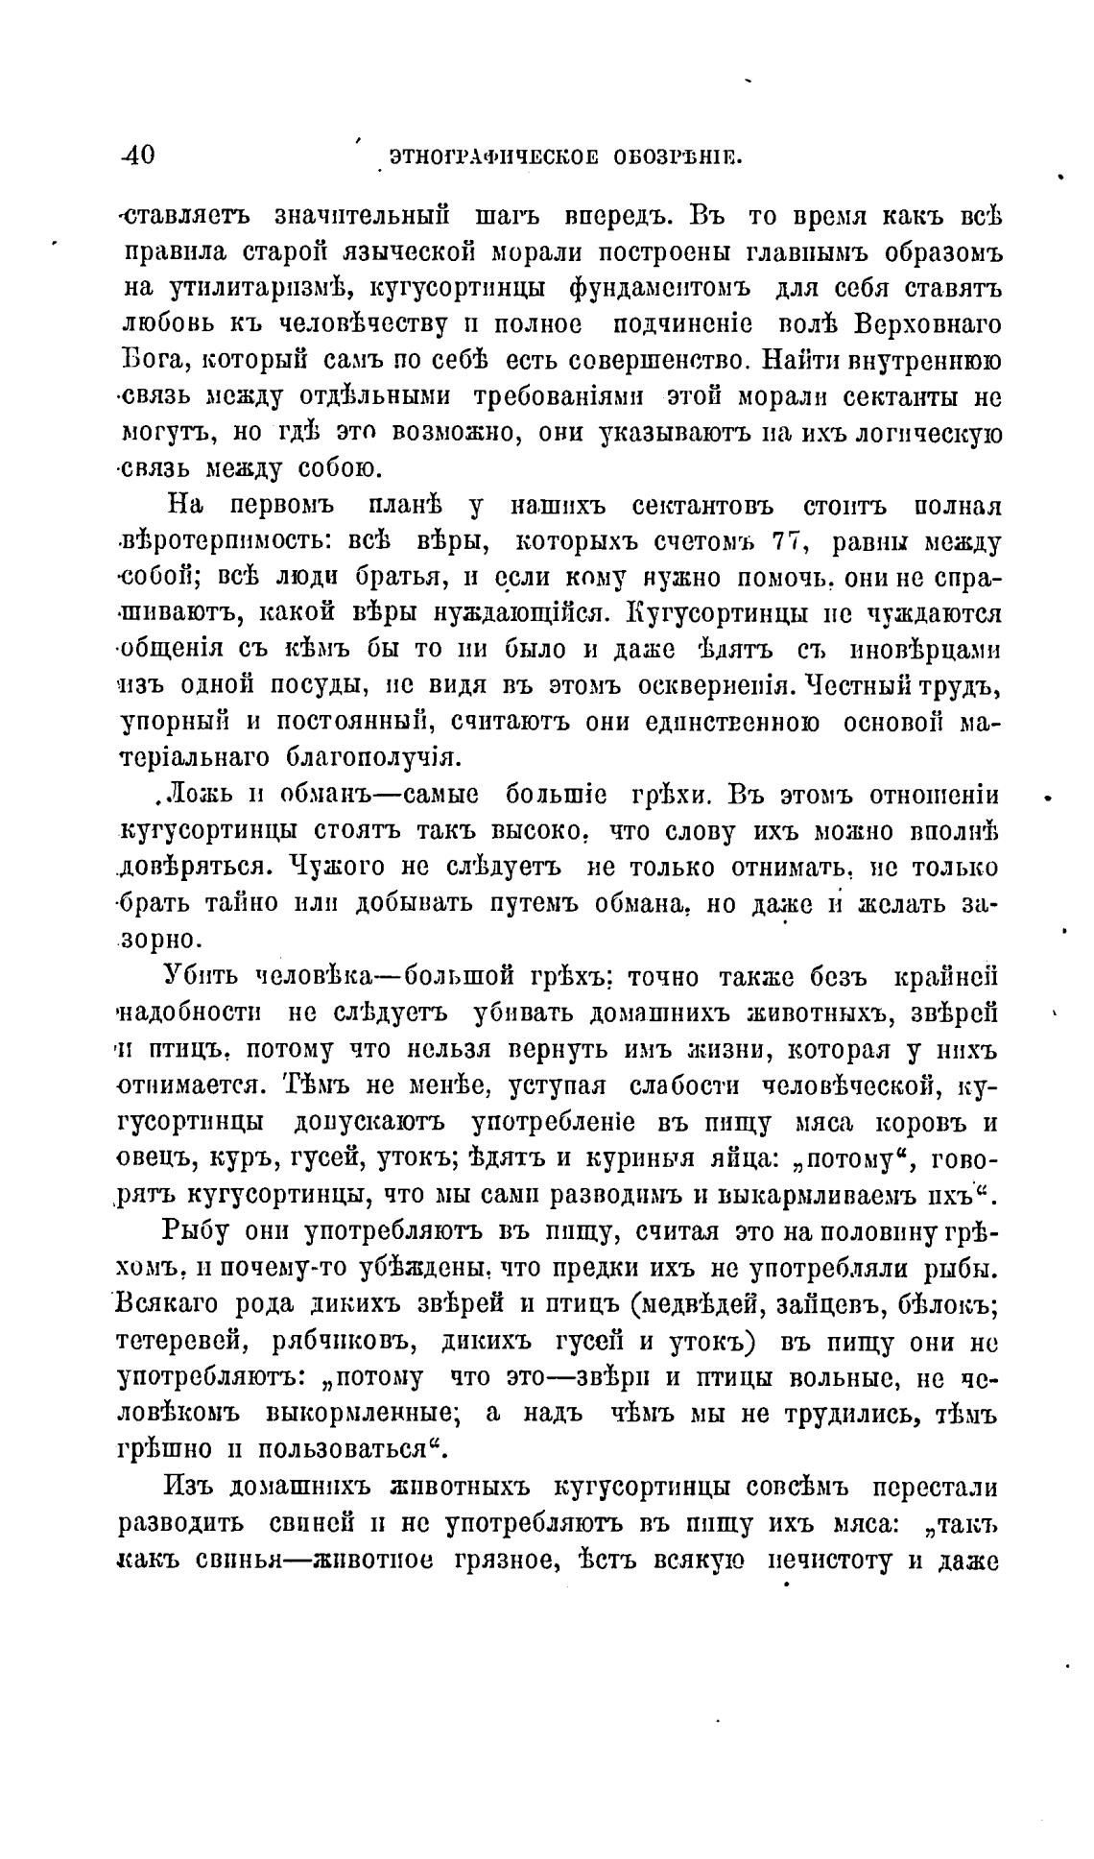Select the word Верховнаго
point(927,324)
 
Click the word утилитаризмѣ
point(257,288)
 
